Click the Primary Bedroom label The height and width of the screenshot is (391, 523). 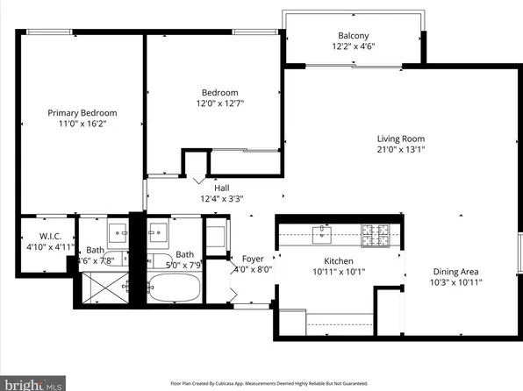[x=82, y=112]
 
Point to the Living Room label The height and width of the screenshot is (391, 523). [x=400, y=139]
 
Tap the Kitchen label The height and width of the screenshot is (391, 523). [x=338, y=260]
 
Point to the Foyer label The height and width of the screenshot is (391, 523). [x=253, y=259]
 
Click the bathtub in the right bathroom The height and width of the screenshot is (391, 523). [x=176, y=288]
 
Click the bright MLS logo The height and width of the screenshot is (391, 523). [x=32, y=382]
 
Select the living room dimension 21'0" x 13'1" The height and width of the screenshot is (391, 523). [x=400, y=150]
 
